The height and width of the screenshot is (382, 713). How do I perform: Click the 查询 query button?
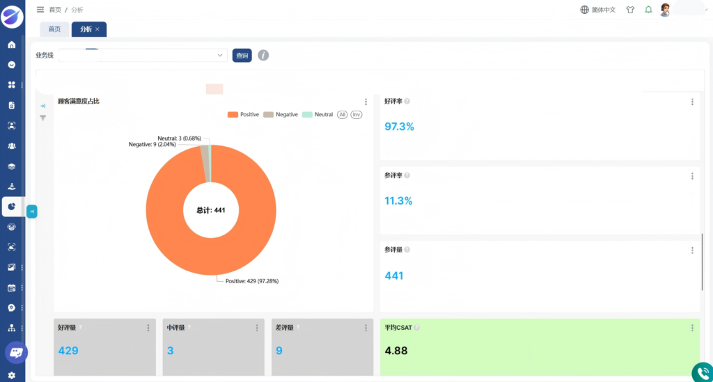242,56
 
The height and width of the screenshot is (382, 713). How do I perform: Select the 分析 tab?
89,29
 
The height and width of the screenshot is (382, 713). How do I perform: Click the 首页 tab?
54,29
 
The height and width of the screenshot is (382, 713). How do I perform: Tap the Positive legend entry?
243,115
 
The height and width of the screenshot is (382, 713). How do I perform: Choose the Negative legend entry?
281,115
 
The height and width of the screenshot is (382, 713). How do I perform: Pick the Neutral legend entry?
318,115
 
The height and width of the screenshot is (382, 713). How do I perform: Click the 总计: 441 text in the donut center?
210,210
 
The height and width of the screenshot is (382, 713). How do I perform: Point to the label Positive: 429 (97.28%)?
252,281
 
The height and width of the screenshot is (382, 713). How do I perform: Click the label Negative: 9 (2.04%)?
152,145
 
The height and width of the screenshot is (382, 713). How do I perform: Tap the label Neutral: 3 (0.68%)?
179,138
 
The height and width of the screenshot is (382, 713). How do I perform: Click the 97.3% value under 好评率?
399,127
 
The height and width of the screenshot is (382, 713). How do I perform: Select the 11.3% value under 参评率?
398,201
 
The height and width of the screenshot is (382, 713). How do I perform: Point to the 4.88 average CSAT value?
396,351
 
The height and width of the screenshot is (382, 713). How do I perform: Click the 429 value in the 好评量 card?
68,351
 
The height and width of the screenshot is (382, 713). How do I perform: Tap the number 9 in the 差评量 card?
279,351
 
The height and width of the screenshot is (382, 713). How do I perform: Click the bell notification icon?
648,10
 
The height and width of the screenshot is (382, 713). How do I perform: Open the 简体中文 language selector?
598,10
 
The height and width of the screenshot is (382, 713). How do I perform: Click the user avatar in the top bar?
665,10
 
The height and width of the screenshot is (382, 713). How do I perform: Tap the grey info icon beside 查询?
263,56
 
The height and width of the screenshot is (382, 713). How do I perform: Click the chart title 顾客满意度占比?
79,102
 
